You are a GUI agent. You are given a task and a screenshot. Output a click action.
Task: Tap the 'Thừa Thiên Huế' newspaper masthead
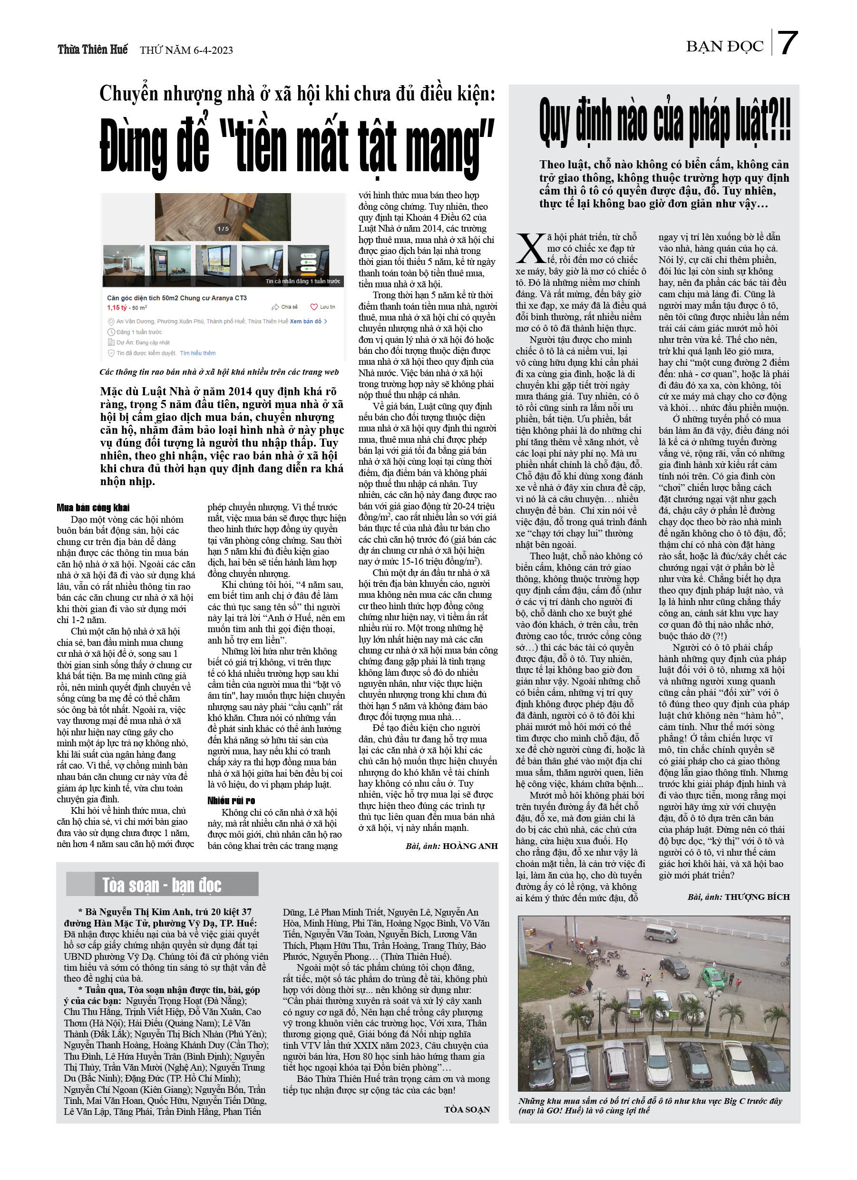pos(93,50)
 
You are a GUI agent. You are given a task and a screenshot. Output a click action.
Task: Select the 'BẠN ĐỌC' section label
pos(724,47)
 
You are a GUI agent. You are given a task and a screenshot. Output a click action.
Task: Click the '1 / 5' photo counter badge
pos(223,229)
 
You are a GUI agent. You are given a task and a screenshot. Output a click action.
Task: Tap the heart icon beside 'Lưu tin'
pos(314,307)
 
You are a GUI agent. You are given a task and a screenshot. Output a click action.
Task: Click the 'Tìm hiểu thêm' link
pos(198,353)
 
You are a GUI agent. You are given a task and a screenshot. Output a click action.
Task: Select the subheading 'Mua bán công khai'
pos(93,507)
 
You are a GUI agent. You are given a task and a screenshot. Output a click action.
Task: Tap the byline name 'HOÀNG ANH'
pos(470,846)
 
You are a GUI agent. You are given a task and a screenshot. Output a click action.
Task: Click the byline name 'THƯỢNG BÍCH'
pos(757,897)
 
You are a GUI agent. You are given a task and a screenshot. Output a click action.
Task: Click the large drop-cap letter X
pos(530,250)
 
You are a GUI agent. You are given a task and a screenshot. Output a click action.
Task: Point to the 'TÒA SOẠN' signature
pos(467,1110)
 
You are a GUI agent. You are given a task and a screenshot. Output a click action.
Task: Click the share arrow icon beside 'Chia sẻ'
pos(275,307)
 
